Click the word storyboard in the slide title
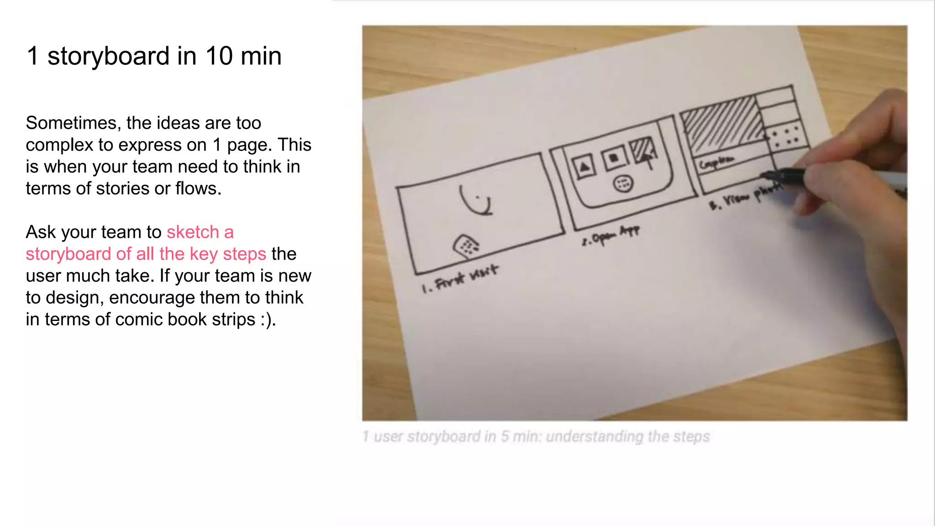click(109, 56)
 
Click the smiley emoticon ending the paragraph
click(268, 320)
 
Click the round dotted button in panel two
click(623, 184)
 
